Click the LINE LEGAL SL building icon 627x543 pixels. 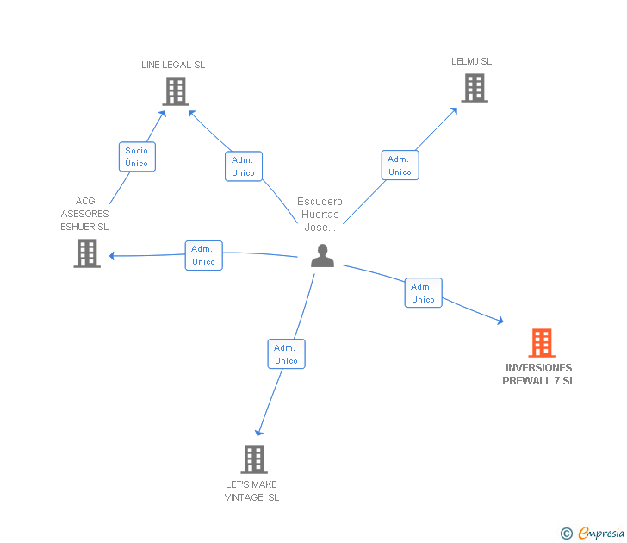176,91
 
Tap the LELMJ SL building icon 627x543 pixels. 474,88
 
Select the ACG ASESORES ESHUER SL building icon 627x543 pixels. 87,253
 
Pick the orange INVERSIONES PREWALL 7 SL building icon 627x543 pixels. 541,343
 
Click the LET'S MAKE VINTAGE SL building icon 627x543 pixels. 254,459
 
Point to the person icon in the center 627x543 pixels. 322,256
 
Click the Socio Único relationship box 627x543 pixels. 136,157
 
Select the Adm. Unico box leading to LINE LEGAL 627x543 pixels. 244,166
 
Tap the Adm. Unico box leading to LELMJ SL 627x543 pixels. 400,165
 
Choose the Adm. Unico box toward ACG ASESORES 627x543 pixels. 203,255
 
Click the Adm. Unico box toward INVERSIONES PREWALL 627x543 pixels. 423,293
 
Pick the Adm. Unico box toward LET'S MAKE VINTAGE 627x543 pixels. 286,354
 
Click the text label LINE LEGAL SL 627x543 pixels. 173,65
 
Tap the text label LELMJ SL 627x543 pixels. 472,61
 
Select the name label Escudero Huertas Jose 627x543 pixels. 320,215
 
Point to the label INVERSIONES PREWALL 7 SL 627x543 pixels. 539,374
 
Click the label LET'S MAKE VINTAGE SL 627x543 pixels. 251,490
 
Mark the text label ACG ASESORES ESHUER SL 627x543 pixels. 84,214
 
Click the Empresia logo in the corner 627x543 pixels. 601,533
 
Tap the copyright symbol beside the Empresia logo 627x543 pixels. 566,534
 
